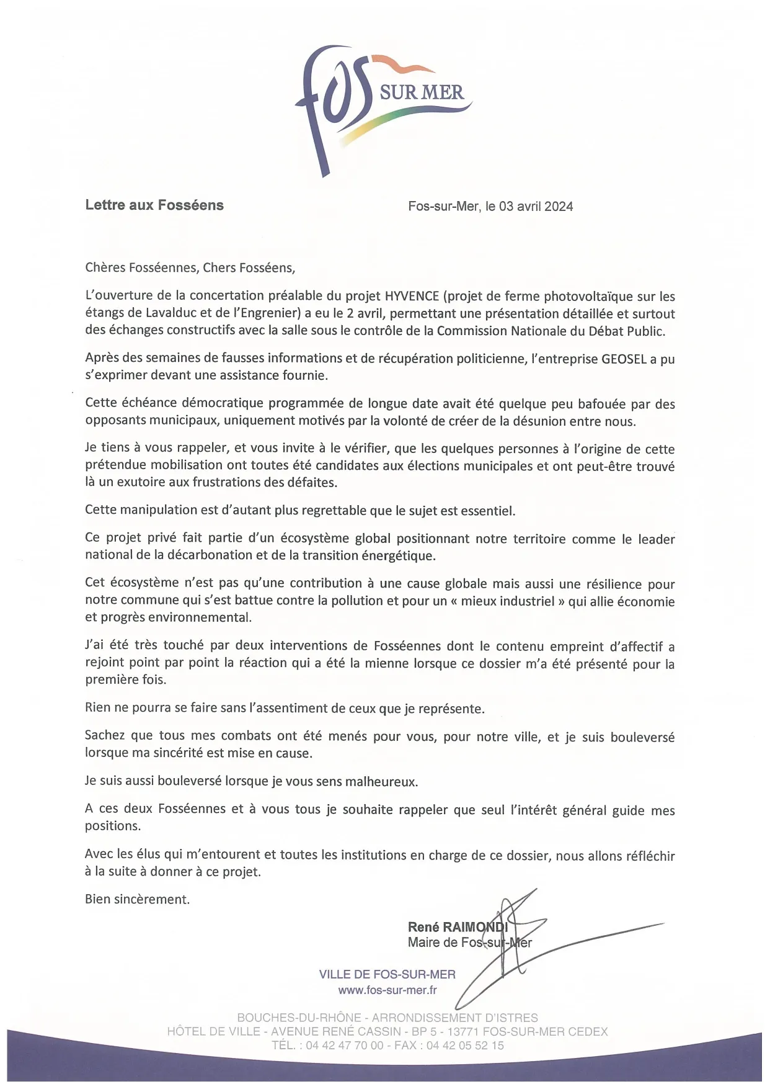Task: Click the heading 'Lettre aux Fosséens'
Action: click(x=154, y=205)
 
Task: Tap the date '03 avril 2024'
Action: click(x=536, y=207)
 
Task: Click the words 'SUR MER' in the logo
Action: click(x=422, y=93)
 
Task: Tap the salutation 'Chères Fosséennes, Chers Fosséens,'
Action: click(x=190, y=268)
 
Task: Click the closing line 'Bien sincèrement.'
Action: click(x=137, y=899)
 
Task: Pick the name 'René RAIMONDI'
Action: click(x=458, y=927)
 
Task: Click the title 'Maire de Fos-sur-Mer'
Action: click(x=469, y=943)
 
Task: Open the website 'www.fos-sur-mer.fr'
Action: click(x=387, y=990)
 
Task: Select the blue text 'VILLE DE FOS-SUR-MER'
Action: click(x=387, y=974)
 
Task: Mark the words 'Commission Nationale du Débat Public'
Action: click(x=551, y=331)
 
